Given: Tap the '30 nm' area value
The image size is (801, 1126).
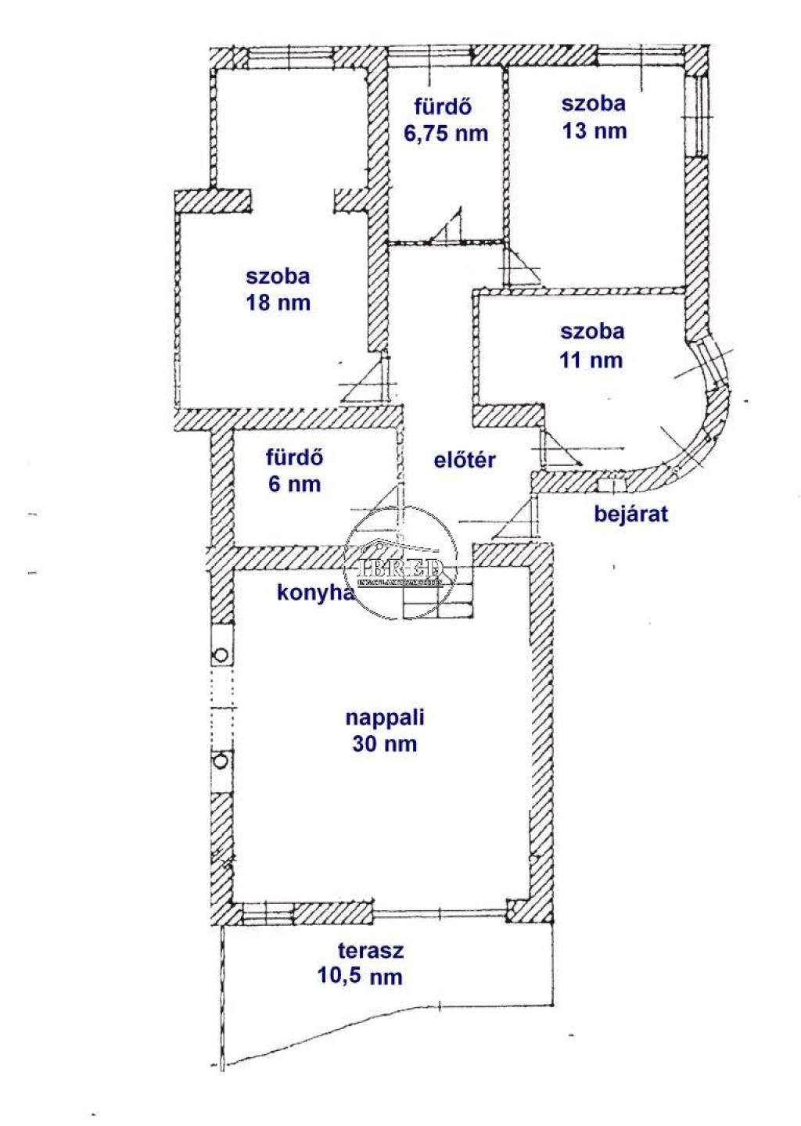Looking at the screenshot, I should point(384,744).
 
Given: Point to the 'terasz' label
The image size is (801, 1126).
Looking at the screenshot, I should point(371,951).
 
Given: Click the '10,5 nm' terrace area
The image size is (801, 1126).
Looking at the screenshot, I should point(360,976).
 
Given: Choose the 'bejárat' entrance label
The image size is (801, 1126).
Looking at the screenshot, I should point(631,515).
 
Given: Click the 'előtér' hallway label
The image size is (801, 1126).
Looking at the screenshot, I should point(465,460).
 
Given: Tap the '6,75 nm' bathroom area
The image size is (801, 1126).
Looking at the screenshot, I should point(446,133).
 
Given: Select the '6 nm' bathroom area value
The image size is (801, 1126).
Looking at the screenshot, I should point(294,484).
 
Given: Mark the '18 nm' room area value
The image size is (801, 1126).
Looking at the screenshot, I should point(278,303).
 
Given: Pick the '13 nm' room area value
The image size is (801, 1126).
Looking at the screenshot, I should point(594,131).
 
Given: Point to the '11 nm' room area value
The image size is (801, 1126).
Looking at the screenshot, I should point(591,360).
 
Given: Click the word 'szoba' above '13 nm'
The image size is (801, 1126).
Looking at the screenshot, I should point(594,103).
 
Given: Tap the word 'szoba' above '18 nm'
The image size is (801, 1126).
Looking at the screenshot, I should point(278,276).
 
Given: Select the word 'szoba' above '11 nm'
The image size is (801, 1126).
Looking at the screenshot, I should point(592,332).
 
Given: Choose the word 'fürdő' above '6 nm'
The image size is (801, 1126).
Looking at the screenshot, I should point(294,457).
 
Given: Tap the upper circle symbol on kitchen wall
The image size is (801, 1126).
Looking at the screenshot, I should point(221,655).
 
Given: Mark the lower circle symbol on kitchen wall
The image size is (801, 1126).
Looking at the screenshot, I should point(221,759).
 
